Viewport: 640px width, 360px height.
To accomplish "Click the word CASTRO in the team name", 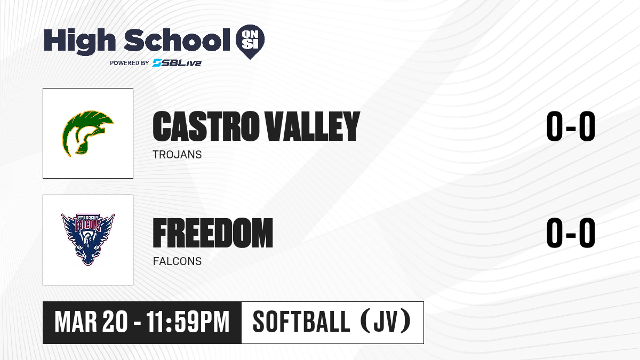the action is coord(205,126).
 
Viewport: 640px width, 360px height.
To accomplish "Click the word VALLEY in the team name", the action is coord(313,126).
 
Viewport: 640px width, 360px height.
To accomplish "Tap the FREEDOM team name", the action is coord(213,233).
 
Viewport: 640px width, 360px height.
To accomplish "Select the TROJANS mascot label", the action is coord(177,155).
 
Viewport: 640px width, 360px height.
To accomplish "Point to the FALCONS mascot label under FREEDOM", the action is coord(177,261).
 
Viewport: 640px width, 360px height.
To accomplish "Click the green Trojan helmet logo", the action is coord(87,133).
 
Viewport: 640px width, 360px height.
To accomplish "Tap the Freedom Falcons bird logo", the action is coord(87,239).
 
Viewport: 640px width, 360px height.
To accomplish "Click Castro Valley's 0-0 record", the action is coord(571,126).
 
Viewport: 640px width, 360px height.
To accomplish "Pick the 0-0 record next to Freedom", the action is coord(571,233).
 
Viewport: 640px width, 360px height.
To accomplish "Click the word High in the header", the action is coord(79,42).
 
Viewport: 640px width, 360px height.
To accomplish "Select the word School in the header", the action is coord(177,39).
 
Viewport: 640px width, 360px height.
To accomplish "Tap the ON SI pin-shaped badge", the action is coord(250,42).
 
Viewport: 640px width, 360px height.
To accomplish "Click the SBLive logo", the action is coord(177,62).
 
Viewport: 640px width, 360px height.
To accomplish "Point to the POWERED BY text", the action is coord(130,63).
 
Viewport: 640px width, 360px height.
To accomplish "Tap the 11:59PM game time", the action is coord(188,322).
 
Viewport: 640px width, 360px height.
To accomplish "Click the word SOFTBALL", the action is coord(301,322).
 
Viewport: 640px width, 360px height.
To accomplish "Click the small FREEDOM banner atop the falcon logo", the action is coord(88,218).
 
